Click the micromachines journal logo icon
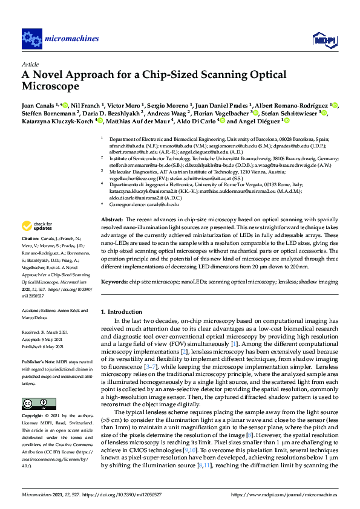[31, 39]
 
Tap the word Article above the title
[30, 63]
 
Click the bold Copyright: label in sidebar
[33, 417]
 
